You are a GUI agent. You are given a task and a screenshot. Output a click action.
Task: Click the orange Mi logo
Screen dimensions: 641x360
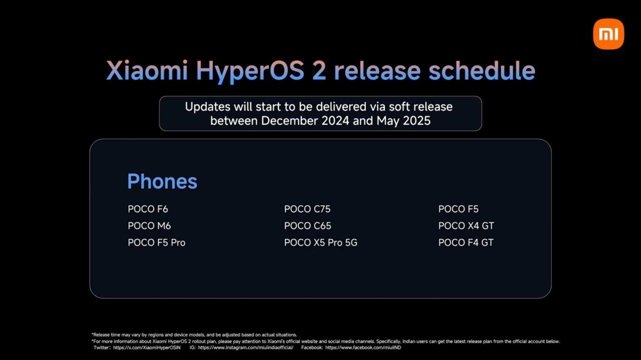coord(608,34)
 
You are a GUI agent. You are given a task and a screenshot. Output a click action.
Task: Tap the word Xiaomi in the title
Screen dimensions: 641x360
coord(147,71)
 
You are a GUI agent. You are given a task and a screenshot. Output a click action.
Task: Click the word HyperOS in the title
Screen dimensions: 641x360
coord(250,72)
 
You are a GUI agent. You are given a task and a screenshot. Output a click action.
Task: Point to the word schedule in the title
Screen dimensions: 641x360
coord(482,71)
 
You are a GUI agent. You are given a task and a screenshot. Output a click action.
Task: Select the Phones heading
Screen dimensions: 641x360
coord(162,181)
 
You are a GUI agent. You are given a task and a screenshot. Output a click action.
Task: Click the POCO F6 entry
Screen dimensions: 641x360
coord(148,209)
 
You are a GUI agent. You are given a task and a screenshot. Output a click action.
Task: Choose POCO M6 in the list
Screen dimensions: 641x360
coord(149,226)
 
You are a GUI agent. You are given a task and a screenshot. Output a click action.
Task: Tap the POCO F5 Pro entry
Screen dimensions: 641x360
coord(157,243)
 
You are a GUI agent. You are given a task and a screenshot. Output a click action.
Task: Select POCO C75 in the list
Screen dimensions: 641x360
coord(307,209)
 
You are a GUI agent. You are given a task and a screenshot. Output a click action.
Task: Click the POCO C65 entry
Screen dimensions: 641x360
coord(307,226)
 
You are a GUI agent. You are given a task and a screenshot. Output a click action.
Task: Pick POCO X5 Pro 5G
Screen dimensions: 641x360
coord(321,243)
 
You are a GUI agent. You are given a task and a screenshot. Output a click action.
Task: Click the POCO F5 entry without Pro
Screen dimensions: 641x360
coord(458,209)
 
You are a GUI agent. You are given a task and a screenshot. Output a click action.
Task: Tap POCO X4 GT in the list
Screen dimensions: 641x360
coord(466,226)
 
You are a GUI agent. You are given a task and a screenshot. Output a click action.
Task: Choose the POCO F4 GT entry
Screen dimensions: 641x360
coord(466,243)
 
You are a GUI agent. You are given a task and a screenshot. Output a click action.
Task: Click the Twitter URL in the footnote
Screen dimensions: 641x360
coord(147,347)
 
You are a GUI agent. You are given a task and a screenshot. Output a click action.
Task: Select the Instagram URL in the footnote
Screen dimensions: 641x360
coord(245,347)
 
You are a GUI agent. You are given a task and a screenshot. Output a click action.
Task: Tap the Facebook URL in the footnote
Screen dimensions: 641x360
coord(363,347)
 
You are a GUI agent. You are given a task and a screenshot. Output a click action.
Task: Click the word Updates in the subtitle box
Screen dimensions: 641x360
coord(207,107)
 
